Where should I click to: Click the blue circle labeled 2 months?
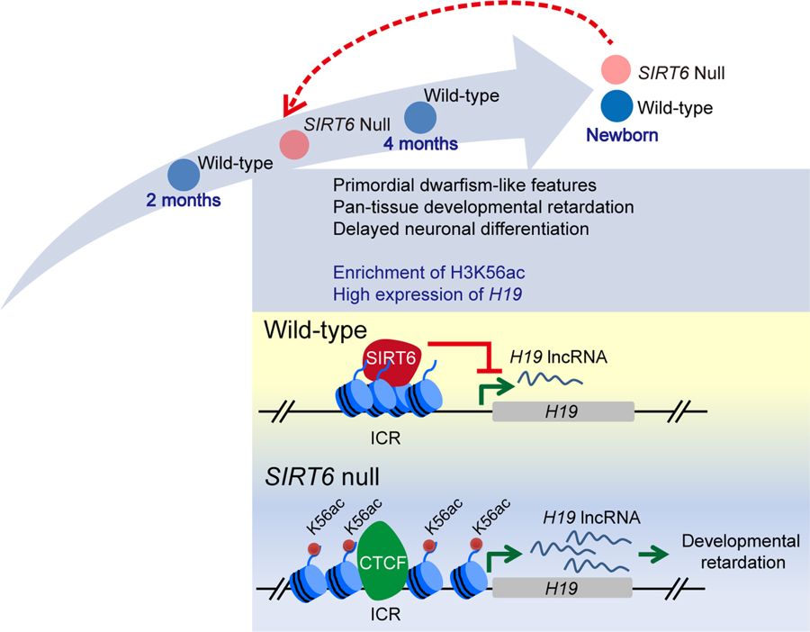click(183, 176)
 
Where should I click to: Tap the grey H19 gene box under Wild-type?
click(563, 411)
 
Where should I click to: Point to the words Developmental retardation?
click(740, 551)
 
